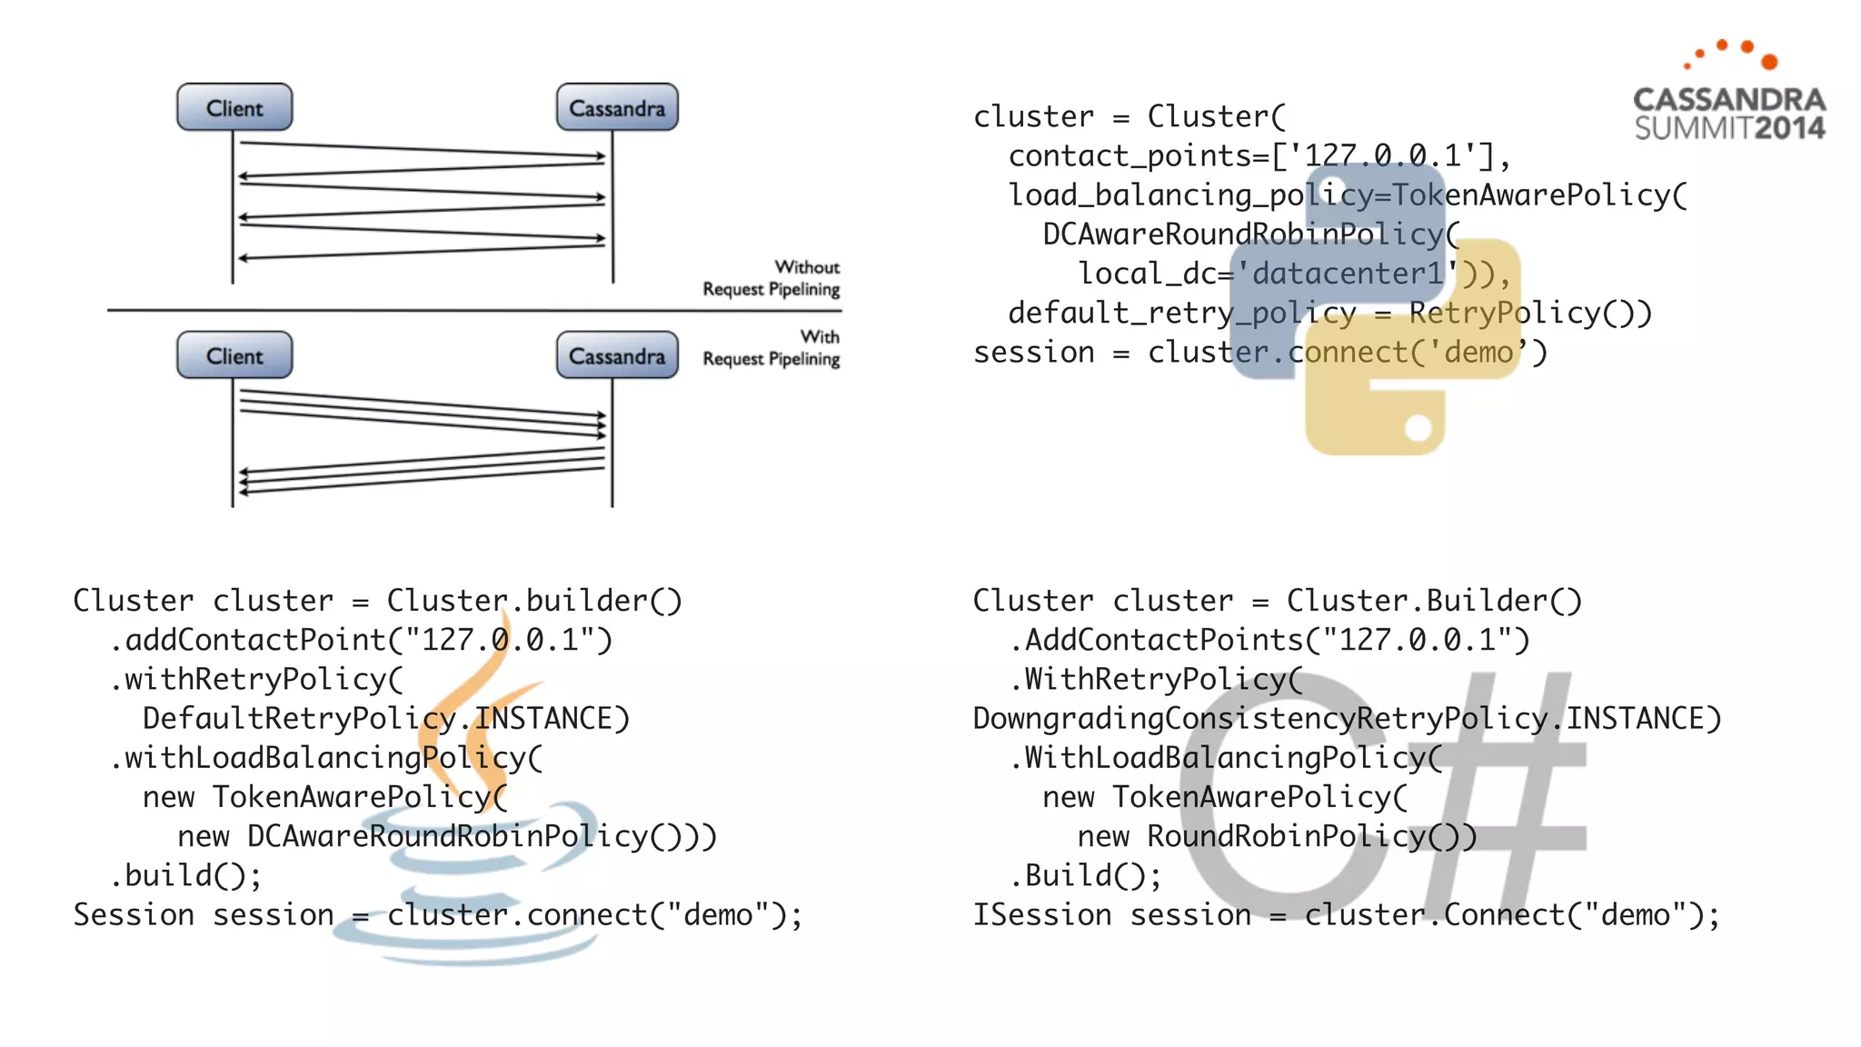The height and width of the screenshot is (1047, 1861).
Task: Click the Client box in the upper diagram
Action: [234, 107]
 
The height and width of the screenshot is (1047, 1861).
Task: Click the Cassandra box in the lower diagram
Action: [617, 355]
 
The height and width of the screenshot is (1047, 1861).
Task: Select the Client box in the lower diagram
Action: [234, 355]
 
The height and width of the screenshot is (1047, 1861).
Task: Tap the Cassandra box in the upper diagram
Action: [617, 107]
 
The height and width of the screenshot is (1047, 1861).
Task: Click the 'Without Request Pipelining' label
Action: [771, 278]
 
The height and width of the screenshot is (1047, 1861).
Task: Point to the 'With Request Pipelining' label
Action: [771, 348]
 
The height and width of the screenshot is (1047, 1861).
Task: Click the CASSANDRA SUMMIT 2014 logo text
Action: [1729, 114]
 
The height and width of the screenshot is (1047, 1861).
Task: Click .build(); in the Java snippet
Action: [186, 875]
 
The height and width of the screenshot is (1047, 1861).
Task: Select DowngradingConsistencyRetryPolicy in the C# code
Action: [1259, 719]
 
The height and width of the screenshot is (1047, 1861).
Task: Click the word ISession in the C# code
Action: [1041, 914]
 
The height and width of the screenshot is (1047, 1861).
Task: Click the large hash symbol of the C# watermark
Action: [1499, 800]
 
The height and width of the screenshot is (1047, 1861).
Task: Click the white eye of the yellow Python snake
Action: [1418, 427]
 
